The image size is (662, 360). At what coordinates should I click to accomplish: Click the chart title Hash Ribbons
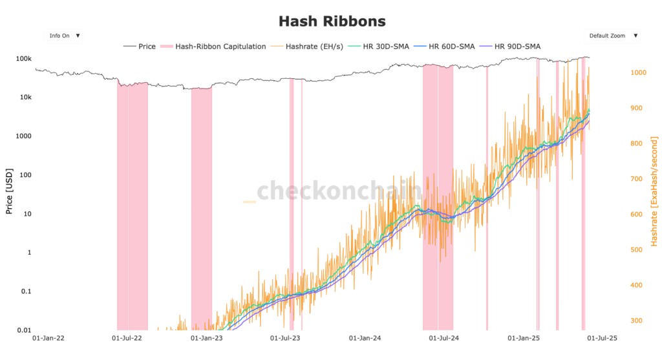[332, 21]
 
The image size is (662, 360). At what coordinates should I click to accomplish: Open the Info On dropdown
[63, 36]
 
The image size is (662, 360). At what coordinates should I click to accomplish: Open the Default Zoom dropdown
[612, 36]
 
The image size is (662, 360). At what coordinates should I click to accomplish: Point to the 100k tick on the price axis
[23, 59]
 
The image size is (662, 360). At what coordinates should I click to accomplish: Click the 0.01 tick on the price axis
[23, 330]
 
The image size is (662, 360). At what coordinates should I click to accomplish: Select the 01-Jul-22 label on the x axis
[127, 338]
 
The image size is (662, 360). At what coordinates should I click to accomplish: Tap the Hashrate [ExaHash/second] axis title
[654, 191]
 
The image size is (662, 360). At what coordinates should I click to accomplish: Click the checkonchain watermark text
[339, 191]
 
